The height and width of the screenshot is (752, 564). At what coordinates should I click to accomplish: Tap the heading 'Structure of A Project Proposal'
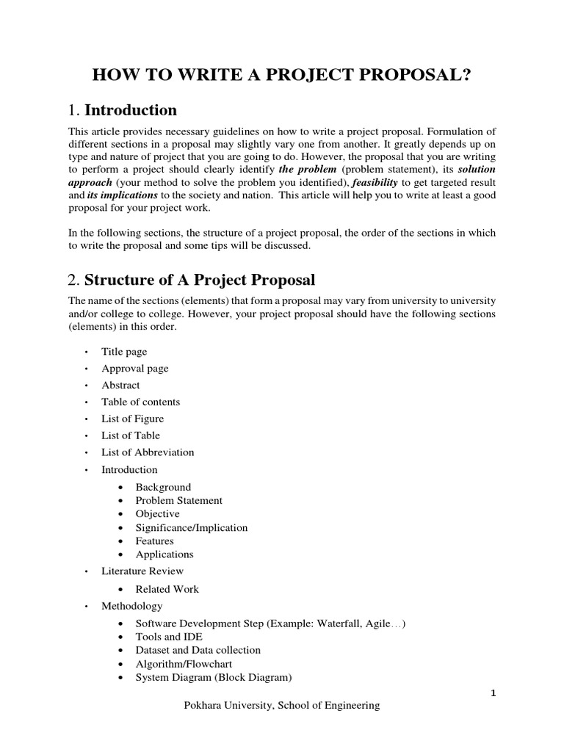192,279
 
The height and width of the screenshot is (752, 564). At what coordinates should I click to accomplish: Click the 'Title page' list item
124,352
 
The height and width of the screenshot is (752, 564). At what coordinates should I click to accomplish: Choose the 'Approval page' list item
134,369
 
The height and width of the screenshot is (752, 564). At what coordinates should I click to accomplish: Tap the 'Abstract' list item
120,385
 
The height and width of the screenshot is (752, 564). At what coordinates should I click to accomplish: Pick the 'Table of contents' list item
140,402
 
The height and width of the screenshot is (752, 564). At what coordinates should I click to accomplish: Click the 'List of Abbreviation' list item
148,452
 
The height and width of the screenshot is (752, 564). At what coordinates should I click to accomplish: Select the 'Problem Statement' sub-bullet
178,500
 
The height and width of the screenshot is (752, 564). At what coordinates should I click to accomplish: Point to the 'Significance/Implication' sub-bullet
191,527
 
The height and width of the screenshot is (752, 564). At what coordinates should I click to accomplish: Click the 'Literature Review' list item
142,571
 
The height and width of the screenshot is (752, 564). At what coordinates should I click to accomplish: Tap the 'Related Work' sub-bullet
167,589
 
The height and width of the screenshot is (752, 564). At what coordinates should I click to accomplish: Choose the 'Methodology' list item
132,606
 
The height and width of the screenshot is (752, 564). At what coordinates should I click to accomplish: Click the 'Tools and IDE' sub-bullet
169,637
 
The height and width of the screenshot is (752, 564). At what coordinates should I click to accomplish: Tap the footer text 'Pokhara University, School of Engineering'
281,706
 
